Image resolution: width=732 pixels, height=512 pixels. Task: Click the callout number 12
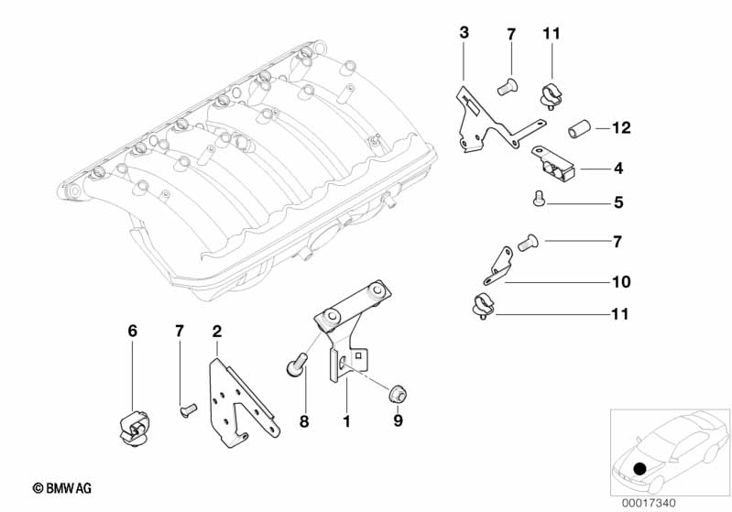coord(621,128)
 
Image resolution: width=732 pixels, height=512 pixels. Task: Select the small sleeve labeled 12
coord(579,129)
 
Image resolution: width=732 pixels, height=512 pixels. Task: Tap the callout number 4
coord(618,168)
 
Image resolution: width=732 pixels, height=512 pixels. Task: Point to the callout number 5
coord(618,202)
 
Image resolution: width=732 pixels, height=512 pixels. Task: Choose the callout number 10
coord(621,281)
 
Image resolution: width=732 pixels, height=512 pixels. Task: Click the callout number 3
coord(464,33)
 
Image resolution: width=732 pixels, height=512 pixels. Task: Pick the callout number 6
coord(133,331)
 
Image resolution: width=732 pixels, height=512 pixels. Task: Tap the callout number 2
coord(216,332)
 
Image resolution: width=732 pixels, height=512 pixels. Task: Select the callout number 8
coord(304,421)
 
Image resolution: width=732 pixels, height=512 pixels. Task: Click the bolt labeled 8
coord(297,365)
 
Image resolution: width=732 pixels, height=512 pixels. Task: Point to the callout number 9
coord(398,420)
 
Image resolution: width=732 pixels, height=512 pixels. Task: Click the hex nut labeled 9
coord(398,393)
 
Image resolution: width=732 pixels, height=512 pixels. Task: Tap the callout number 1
coord(346,421)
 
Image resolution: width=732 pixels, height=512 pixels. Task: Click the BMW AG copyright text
coord(62,488)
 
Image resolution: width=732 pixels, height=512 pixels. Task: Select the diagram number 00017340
coord(649,503)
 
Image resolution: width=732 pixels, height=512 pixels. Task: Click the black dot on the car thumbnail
coord(639,468)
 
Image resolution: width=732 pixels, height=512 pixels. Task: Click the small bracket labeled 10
coord(498,267)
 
